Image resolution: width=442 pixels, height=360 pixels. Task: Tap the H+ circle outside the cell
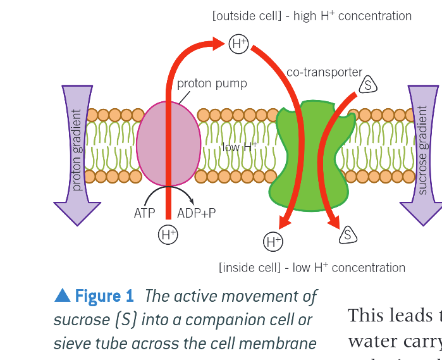pos(238,44)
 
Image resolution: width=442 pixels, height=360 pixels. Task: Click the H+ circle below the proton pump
pos(168,234)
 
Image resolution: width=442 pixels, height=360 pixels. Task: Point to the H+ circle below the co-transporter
pos(273,241)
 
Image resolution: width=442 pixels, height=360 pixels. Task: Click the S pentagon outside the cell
pos(368,85)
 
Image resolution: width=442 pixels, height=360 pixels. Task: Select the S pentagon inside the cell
pos(347,235)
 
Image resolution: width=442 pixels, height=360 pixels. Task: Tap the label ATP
pos(144,213)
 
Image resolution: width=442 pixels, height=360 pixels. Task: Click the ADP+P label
pos(197,213)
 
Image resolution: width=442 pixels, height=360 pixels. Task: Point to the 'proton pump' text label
pos(212,84)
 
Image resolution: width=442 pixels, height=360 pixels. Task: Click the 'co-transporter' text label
pos(324,72)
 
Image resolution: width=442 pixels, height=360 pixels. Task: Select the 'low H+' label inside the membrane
pos(240,147)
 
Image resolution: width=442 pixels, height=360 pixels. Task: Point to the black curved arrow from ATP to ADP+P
pos(168,190)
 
